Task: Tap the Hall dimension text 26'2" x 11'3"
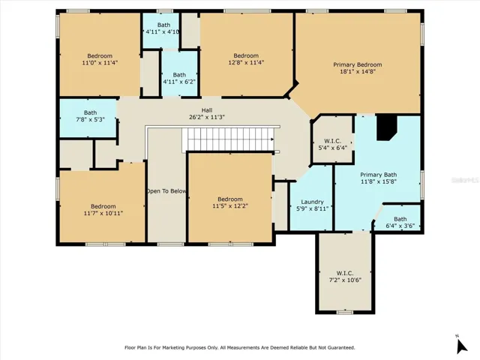[x=207, y=117]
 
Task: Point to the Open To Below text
[x=166, y=191]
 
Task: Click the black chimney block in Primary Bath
[x=386, y=127]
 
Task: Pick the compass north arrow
[x=461, y=346]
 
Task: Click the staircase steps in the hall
[x=228, y=139]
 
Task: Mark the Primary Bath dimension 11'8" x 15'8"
[x=379, y=181]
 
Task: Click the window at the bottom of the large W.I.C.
[x=345, y=312]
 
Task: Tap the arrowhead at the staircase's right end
[x=272, y=139]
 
